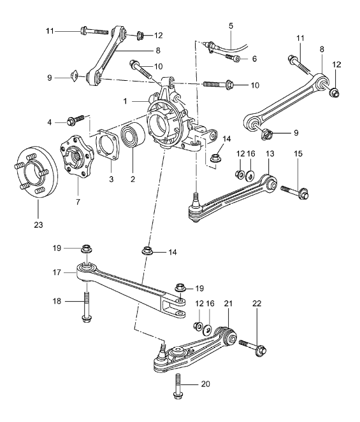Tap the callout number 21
[227, 305]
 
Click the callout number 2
[134, 180]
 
